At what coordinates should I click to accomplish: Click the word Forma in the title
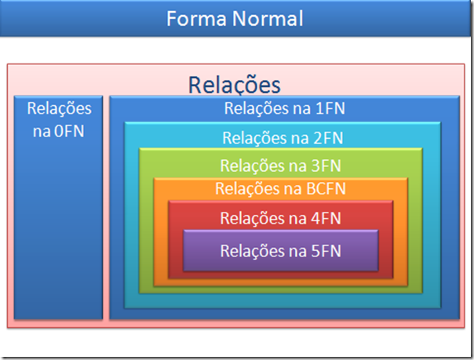pyautogui.click(x=193, y=17)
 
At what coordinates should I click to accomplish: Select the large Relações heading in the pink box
pyautogui.click(x=235, y=85)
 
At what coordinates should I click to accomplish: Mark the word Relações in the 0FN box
pyautogui.click(x=59, y=108)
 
